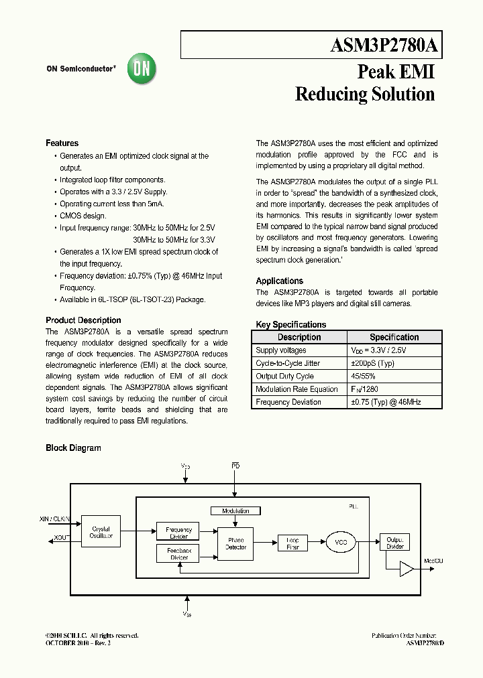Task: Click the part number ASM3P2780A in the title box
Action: [x=384, y=46]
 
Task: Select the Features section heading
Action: [x=62, y=143]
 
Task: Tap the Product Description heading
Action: [x=83, y=320]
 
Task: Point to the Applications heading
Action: [x=280, y=281]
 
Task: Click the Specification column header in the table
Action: [x=394, y=338]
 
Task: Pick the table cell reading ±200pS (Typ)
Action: [x=372, y=363]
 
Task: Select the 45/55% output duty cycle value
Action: [x=364, y=377]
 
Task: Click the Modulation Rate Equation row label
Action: [x=297, y=389]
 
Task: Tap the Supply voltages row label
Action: [x=281, y=350]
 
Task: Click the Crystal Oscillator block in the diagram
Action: [x=101, y=532]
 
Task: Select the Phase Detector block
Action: [x=235, y=544]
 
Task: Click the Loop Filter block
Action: [x=292, y=543]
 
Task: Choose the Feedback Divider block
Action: [x=178, y=553]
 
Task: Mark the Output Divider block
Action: [x=394, y=543]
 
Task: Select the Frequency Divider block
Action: [x=178, y=533]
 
